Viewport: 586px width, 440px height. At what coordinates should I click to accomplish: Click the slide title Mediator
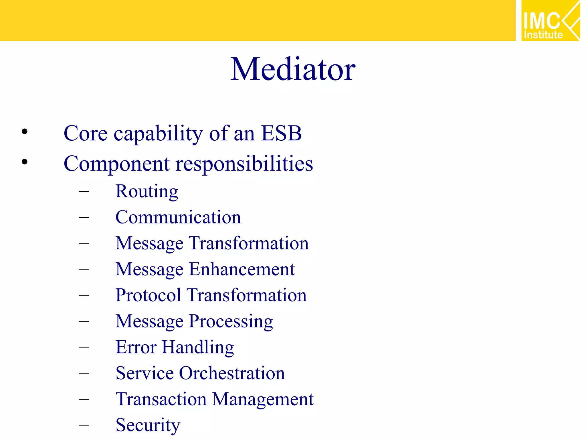click(x=293, y=70)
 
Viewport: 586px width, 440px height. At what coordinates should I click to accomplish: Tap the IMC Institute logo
click(x=550, y=21)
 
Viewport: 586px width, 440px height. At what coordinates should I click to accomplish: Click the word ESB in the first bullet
click(x=281, y=133)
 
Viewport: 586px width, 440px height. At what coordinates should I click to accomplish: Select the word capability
click(x=158, y=134)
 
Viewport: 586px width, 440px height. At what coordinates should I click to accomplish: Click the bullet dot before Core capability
click(x=25, y=132)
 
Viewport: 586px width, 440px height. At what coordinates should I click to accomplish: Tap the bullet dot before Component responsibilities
click(x=25, y=162)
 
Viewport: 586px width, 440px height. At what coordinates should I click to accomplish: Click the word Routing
click(x=146, y=192)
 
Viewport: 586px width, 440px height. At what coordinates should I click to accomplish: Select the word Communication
click(x=178, y=217)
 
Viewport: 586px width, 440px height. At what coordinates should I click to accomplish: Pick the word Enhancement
click(x=241, y=269)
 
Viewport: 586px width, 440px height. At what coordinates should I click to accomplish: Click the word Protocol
click(x=148, y=295)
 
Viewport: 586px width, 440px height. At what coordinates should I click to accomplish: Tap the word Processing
click(x=231, y=321)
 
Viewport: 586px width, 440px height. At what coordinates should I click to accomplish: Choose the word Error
click(x=136, y=347)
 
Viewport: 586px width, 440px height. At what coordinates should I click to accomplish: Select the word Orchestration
click(x=232, y=373)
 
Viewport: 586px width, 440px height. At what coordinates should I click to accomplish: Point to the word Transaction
click(x=161, y=399)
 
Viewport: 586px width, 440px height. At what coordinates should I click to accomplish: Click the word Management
click(x=263, y=400)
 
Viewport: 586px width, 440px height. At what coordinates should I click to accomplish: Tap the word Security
click(x=148, y=425)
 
